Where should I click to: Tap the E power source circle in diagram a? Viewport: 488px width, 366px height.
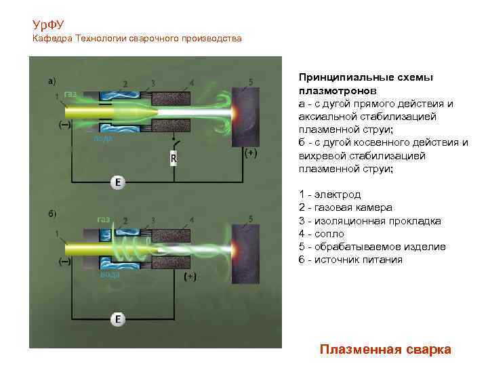[x=118, y=183]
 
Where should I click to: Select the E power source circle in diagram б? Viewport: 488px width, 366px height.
[x=118, y=319]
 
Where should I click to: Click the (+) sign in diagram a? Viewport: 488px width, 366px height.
[x=249, y=154]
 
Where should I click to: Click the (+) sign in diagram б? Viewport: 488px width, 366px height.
[x=190, y=277]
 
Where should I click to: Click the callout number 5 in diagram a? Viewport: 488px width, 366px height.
[x=251, y=81]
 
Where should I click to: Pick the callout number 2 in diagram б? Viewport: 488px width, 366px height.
[x=125, y=220]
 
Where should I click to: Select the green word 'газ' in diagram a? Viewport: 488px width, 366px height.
[x=70, y=94]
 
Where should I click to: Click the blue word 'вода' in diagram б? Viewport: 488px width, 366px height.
[x=110, y=274]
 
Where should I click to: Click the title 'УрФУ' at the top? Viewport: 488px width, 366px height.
[x=48, y=25]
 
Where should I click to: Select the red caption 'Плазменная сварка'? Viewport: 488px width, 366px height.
[x=386, y=349]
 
